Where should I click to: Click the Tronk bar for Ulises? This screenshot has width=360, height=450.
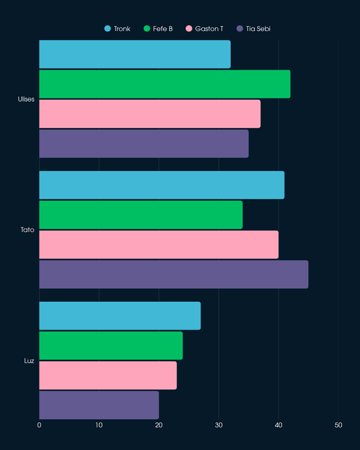point(135,54)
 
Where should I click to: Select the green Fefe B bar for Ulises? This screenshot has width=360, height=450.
point(165,84)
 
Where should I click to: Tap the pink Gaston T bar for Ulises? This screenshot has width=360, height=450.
point(150,113)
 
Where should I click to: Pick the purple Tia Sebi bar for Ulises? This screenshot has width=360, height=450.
point(144,144)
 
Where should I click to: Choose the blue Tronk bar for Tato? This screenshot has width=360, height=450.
point(162,185)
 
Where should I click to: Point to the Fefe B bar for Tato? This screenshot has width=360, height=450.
point(140,215)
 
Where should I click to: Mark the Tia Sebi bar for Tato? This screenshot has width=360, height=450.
point(174,274)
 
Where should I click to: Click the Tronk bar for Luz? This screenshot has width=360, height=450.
point(120,316)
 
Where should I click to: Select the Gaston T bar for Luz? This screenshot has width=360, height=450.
point(108,375)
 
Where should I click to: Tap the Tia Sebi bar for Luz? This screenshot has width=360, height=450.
point(99,405)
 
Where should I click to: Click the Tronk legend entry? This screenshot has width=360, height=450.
point(117,28)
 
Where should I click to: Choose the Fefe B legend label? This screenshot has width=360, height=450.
point(162,28)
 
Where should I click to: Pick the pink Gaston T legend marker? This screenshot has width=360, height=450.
point(189,28)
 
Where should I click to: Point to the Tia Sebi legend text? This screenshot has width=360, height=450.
point(258,28)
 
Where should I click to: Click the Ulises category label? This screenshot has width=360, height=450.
point(26,99)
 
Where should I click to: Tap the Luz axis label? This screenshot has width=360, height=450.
point(30,360)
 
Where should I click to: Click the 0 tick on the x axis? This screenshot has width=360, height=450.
point(40,425)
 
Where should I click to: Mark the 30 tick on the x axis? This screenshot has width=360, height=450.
point(218,425)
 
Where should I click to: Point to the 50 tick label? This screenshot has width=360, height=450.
point(338,425)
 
